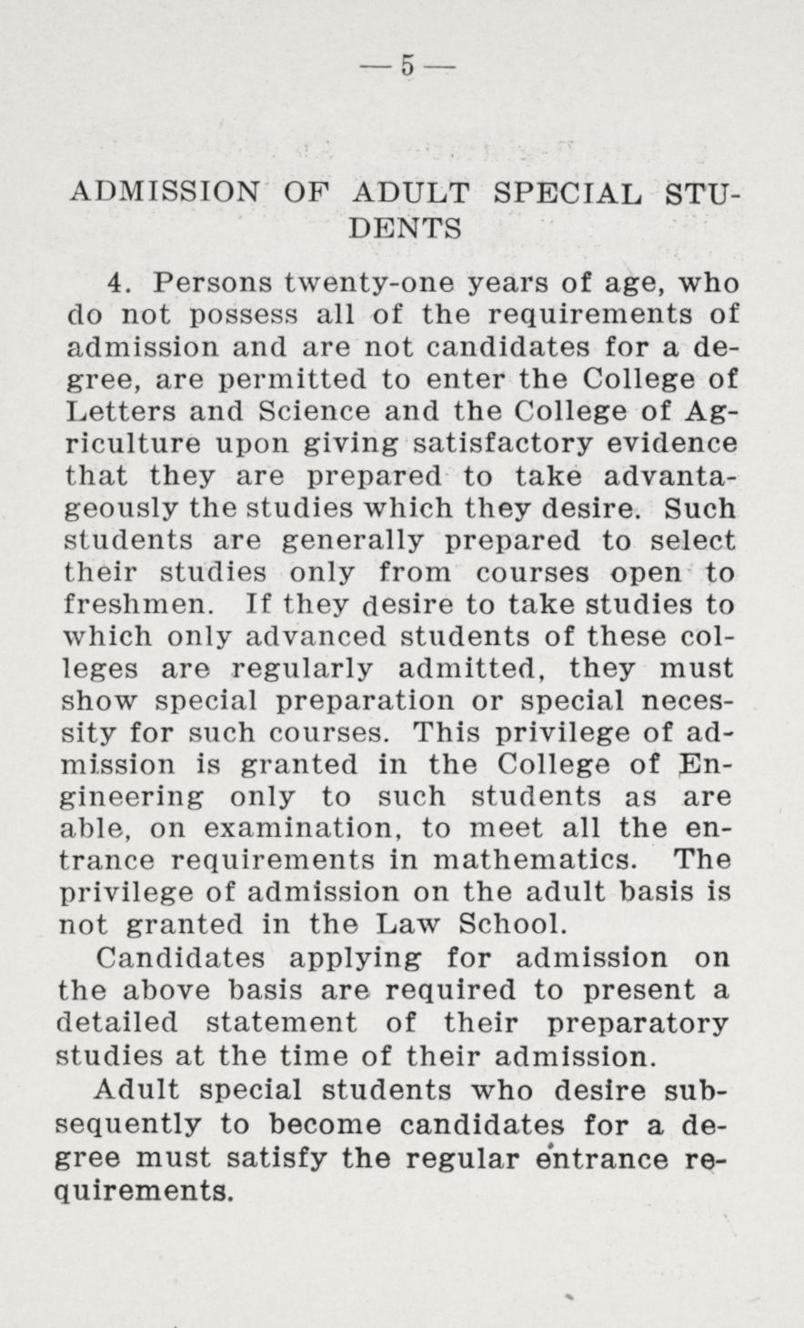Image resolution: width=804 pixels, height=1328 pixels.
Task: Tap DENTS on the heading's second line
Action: tap(406, 227)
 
